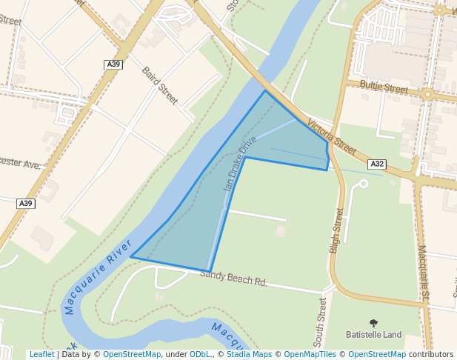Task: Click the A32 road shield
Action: (377, 164)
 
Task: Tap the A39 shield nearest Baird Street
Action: (113, 65)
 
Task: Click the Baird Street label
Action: (159, 85)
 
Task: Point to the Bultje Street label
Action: (384, 87)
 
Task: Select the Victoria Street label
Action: (332, 134)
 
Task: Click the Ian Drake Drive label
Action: (240, 164)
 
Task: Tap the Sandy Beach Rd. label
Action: (233, 278)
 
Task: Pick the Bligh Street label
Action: (337, 230)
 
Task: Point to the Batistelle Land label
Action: (373, 335)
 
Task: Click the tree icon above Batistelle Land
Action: (373, 323)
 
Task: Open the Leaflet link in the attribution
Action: (41, 354)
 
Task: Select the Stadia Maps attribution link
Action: (252, 354)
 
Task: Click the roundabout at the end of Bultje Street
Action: (427, 94)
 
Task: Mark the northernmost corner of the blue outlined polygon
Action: (264, 91)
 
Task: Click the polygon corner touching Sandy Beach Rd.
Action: (210, 272)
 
